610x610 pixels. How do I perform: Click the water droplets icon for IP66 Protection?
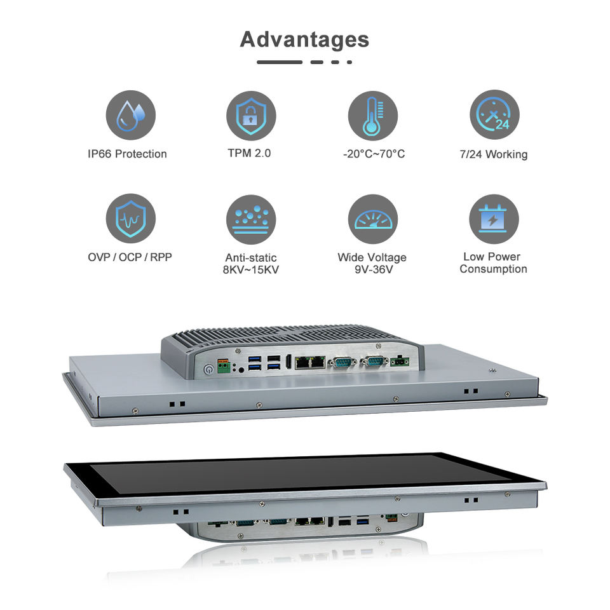131,115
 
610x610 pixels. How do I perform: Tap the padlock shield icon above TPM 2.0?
251,116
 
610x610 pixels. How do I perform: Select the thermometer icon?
373,116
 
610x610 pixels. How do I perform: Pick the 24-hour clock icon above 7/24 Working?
494,115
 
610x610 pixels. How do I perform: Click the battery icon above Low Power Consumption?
494,219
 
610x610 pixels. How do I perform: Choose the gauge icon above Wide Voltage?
373,219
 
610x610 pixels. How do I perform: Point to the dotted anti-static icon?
251,219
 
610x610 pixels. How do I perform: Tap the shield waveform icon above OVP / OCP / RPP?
131,219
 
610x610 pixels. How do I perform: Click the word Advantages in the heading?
304,40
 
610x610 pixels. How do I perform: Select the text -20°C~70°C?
374,154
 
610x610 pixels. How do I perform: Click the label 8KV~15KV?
250,269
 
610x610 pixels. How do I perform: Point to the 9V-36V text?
374,269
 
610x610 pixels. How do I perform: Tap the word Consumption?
493,269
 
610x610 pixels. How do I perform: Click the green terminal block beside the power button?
224,367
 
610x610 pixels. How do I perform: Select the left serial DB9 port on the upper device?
342,363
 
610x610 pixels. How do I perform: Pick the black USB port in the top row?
273,358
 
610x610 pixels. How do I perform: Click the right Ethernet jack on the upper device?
318,363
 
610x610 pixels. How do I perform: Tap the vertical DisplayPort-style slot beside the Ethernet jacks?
288,361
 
